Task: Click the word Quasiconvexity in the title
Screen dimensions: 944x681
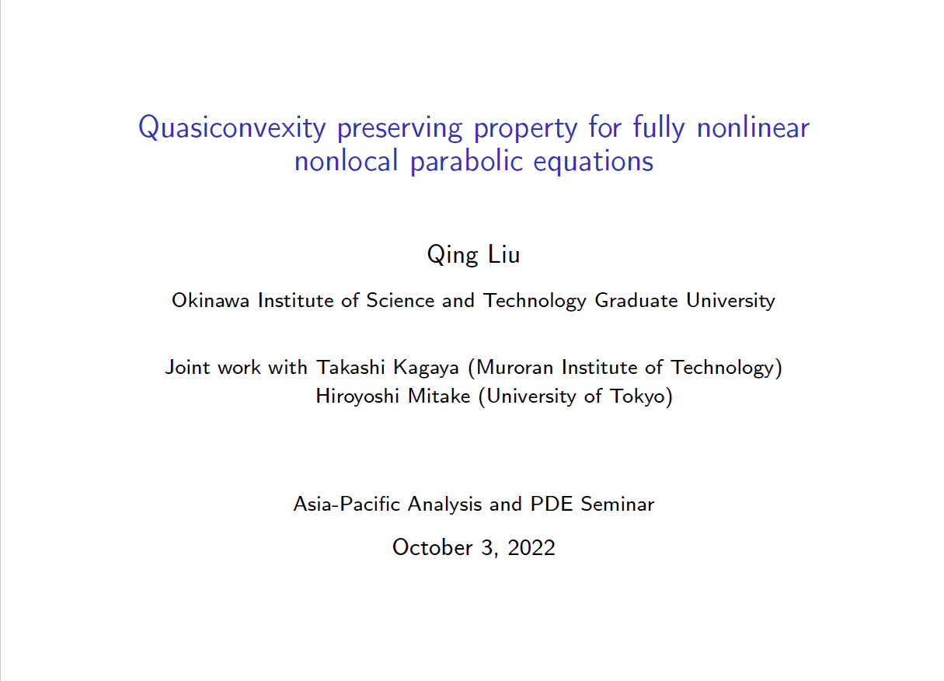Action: click(x=232, y=127)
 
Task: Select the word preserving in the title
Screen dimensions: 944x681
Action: click(x=400, y=128)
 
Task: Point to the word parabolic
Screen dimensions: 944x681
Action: click(x=466, y=162)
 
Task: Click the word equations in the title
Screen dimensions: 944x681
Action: click(x=594, y=162)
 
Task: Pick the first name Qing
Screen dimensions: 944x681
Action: click(x=453, y=255)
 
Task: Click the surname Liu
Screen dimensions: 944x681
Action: click(x=503, y=255)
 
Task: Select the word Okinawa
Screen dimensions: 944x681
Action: click(x=211, y=301)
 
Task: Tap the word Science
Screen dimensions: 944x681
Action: click(x=400, y=301)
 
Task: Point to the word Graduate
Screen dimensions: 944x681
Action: click(x=636, y=301)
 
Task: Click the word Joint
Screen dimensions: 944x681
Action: click(x=187, y=367)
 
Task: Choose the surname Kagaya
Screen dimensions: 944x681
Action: click(x=426, y=368)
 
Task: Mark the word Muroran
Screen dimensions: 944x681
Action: click(x=514, y=367)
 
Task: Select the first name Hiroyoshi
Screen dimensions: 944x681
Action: click(x=357, y=396)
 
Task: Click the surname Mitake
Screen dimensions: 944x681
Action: click(x=439, y=396)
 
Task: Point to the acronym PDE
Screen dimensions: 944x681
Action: click(x=551, y=504)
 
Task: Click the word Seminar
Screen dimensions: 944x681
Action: click(x=618, y=504)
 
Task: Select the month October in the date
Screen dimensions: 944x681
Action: click(x=433, y=548)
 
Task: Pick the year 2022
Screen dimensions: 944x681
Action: click(x=531, y=548)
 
